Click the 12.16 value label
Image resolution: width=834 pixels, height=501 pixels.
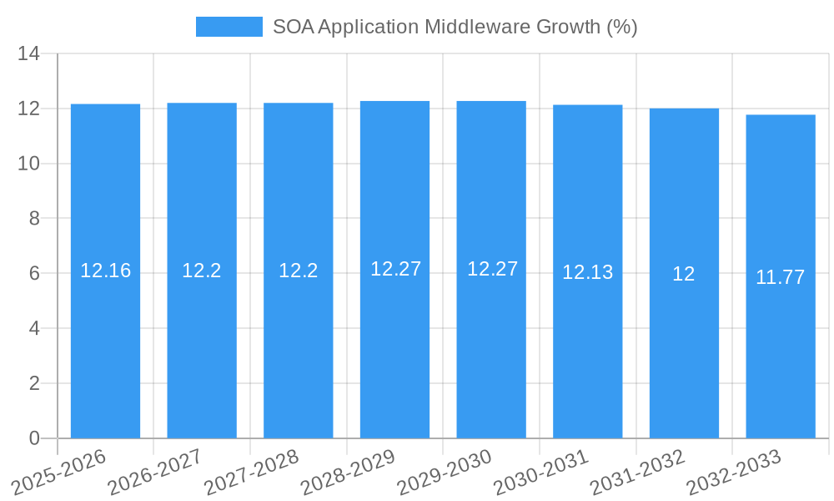pyautogui.click(x=105, y=271)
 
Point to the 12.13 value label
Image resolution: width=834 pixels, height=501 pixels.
pyautogui.click(x=587, y=272)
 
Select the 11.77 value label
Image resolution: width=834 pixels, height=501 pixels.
pyautogui.click(x=780, y=277)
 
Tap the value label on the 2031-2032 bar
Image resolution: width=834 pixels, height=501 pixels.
pyautogui.click(x=684, y=274)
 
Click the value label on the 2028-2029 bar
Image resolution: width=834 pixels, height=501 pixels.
pyautogui.click(x=395, y=269)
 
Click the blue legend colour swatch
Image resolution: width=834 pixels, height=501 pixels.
pyautogui.click(x=229, y=27)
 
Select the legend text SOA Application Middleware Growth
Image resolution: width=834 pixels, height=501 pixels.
pyautogui.click(x=455, y=27)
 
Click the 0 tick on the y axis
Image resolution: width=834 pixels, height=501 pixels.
pyautogui.click(x=34, y=438)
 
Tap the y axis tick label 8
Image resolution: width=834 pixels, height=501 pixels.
pyautogui.click(x=34, y=219)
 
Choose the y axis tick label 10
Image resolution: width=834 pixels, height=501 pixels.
pyautogui.click(x=28, y=164)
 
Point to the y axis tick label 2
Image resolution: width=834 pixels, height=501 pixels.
pyautogui.click(x=34, y=383)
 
